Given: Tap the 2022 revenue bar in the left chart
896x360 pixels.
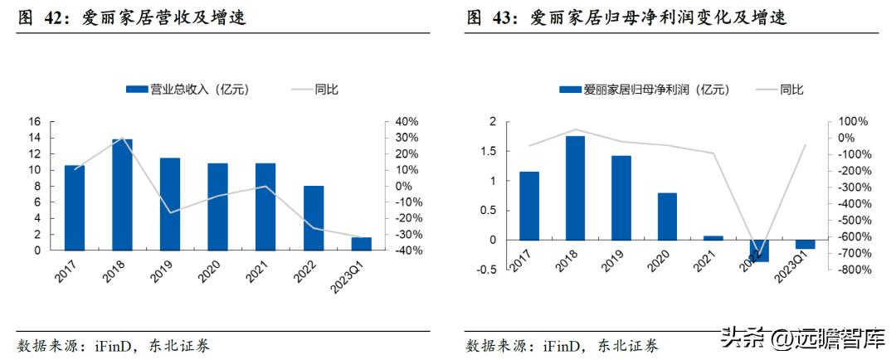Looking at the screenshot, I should (x=313, y=217).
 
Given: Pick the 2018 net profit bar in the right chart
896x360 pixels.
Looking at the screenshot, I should (x=575, y=187).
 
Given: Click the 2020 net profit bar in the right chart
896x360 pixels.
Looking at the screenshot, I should (x=667, y=216).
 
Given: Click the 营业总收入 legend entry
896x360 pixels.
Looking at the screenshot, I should (x=187, y=90).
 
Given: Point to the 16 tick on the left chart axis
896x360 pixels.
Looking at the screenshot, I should (x=34, y=122).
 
